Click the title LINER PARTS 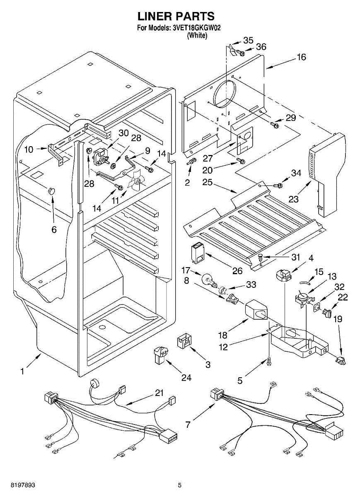[x=176, y=16]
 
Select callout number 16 [x=301, y=57]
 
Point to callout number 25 [x=208, y=182]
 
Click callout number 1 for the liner [x=22, y=372]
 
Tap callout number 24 [x=186, y=377]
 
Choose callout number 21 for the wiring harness [x=159, y=393]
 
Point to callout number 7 [x=188, y=425]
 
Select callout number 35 [x=248, y=40]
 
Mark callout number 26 [x=237, y=271]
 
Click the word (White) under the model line [x=197, y=36]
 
